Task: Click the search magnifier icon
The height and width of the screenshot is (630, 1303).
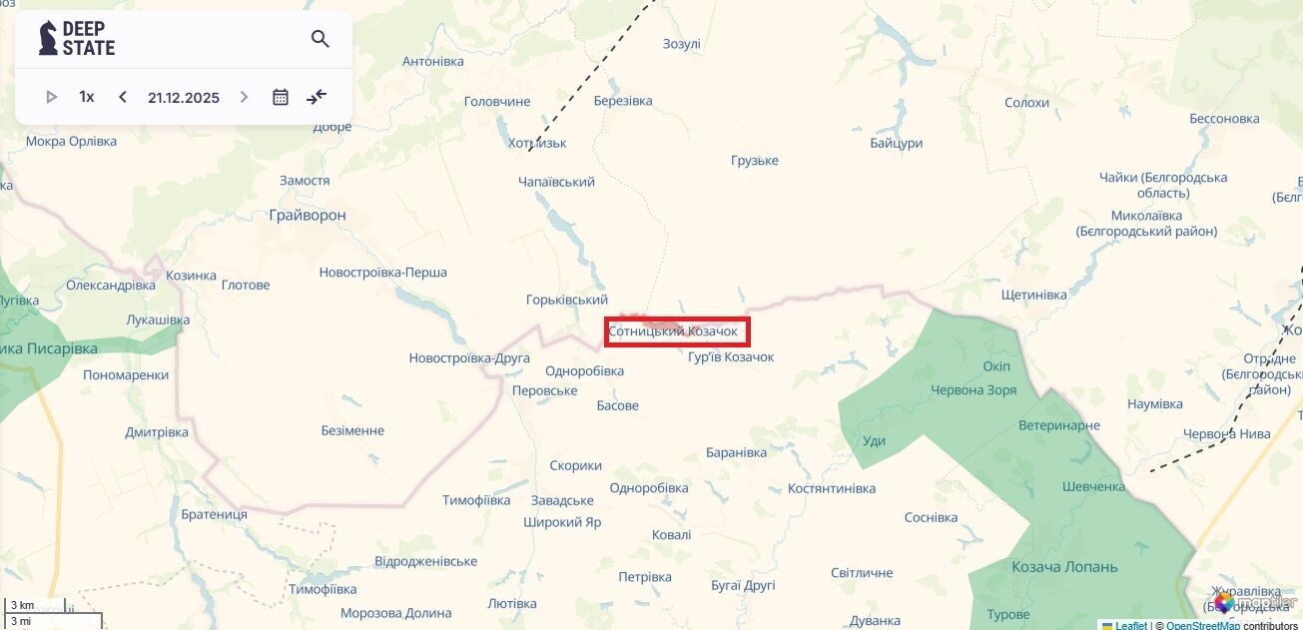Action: click(320, 39)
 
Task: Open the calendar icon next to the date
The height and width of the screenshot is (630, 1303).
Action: click(281, 97)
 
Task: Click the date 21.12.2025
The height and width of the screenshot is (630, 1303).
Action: click(184, 98)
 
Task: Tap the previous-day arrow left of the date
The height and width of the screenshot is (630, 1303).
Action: click(123, 97)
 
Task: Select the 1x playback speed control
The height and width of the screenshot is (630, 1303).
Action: click(87, 97)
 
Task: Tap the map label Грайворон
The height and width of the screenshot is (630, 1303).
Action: click(308, 215)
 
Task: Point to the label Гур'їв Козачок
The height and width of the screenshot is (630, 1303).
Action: click(731, 357)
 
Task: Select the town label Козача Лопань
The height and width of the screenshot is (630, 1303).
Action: click(1064, 567)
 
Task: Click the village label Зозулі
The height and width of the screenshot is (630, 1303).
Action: click(682, 44)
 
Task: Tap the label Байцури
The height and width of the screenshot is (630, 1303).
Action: click(896, 143)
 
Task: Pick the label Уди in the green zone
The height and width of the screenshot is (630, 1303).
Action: click(874, 440)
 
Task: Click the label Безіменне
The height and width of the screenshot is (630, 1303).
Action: click(352, 430)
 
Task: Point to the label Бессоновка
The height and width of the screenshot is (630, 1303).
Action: click(1224, 118)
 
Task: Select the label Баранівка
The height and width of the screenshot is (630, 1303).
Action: click(736, 452)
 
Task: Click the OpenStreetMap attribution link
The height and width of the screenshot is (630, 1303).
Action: click(1202, 625)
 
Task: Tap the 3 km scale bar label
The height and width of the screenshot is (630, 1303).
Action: click(22, 605)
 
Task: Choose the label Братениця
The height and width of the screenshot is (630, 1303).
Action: click(215, 514)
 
